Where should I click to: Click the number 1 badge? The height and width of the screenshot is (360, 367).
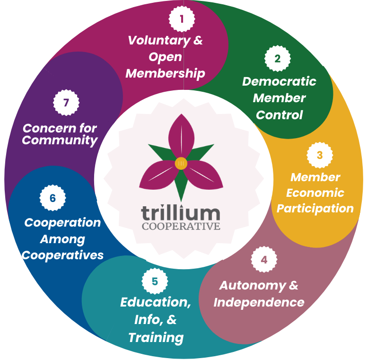[x=182, y=19]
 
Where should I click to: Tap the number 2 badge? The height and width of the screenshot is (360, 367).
[x=278, y=59]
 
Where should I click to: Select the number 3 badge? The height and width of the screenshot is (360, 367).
[x=320, y=155]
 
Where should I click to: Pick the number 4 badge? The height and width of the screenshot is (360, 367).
[x=264, y=260]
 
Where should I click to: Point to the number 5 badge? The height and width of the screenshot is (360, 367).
[x=155, y=281]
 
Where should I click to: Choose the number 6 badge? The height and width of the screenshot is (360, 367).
[x=52, y=198]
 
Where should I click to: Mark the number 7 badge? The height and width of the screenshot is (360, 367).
[x=66, y=102]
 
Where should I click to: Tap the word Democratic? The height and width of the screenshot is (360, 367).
[x=279, y=81]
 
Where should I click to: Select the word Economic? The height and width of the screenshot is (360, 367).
[x=315, y=193]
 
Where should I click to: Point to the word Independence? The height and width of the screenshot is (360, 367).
[x=259, y=302]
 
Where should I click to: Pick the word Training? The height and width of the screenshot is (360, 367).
[x=156, y=337]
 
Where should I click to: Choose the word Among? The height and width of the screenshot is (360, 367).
[x=62, y=239]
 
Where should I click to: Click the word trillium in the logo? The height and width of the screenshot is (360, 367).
[x=181, y=212]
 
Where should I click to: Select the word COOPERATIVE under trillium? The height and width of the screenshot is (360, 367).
[x=181, y=226]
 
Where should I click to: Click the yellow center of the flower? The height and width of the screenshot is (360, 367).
[x=181, y=164]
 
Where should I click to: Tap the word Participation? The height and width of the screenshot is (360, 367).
[x=315, y=209]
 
